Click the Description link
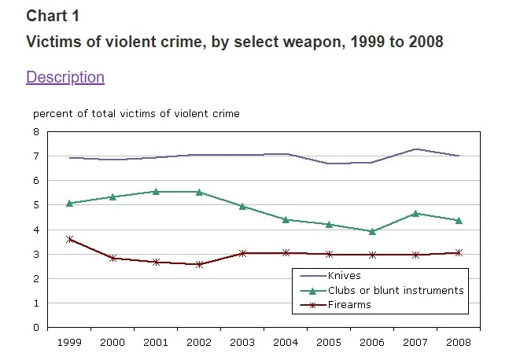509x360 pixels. pyautogui.click(x=65, y=77)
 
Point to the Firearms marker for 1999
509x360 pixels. pyautogui.click(x=71, y=239)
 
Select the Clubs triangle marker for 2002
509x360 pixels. pyautogui.click(x=199, y=192)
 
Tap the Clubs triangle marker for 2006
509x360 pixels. pyautogui.click(x=371, y=231)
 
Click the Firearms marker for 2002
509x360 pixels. pyautogui.click(x=199, y=264)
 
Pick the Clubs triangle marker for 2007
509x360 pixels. pyautogui.click(x=415, y=213)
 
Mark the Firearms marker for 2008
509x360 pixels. pyautogui.click(x=458, y=252)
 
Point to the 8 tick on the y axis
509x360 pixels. pyautogui.click(x=36, y=132)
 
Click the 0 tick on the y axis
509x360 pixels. pyautogui.click(x=36, y=327)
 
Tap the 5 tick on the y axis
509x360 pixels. pyautogui.click(x=36, y=205)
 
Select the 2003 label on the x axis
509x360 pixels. pyautogui.click(x=242, y=343)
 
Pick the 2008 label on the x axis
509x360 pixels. pyautogui.click(x=458, y=343)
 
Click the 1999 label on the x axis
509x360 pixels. pyautogui.click(x=71, y=343)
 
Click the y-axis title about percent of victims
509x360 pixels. pyautogui.click(x=136, y=114)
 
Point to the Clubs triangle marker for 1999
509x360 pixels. pyautogui.click(x=71, y=203)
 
